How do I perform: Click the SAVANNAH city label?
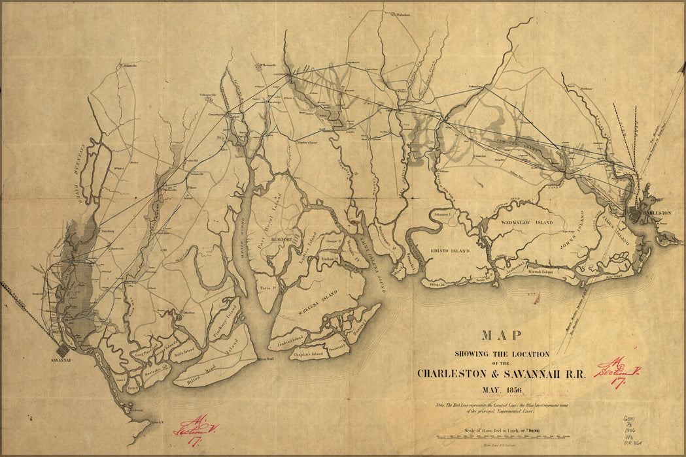coord(63,360)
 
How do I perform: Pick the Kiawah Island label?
coord(539,271)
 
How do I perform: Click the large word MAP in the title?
coord(502,336)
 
